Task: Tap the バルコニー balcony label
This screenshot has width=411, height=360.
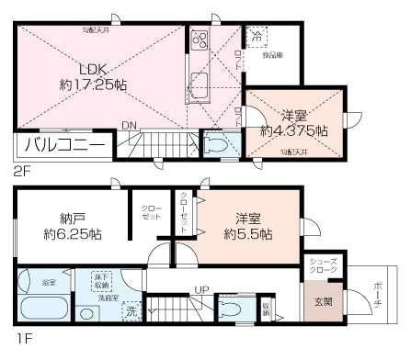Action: [x=63, y=145]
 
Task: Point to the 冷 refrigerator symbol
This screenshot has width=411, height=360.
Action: [x=257, y=39]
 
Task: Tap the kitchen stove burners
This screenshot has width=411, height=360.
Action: [x=200, y=42]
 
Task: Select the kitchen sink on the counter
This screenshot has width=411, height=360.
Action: [x=200, y=90]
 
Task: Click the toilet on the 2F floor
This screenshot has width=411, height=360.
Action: [x=213, y=145]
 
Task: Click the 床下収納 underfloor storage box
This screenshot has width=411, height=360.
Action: [x=102, y=281]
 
